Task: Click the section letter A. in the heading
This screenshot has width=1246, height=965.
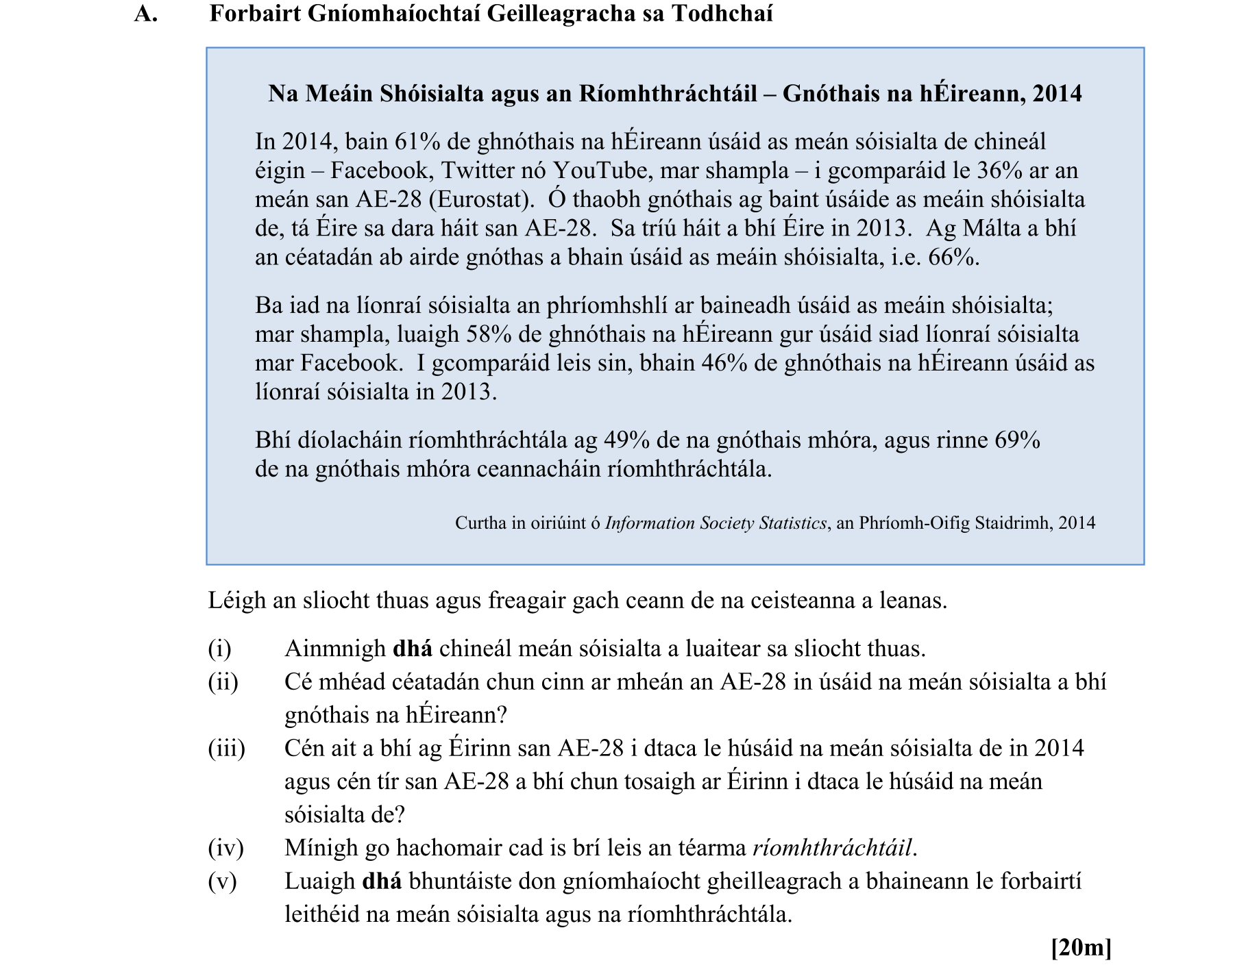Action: [x=146, y=14]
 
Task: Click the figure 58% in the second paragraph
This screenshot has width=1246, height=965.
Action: [x=489, y=334]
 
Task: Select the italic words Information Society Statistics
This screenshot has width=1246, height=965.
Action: [x=716, y=523]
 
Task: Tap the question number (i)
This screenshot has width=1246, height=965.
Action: [x=219, y=649]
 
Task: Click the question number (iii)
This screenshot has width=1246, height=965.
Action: [x=226, y=748]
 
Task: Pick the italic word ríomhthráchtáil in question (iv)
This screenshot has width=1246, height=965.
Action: [x=832, y=848]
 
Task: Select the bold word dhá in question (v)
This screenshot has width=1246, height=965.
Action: [x=382, y=881]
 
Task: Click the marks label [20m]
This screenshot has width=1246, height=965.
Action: [x=1081, y=948]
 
